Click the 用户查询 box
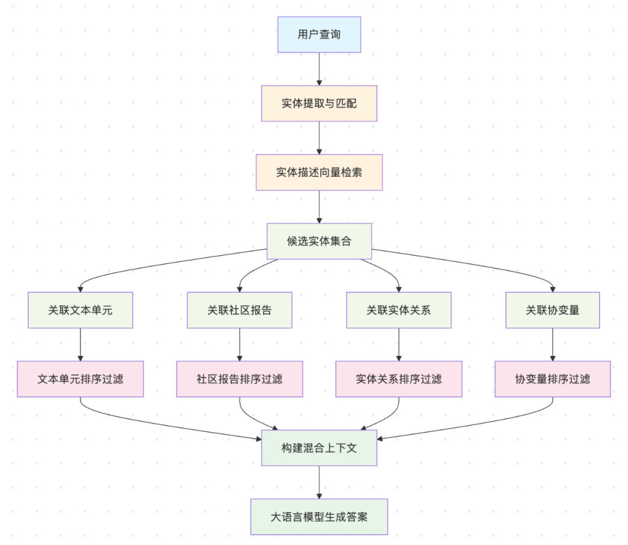(x=319, y=34)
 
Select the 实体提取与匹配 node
(x=319, y=104)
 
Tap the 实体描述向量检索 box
(x=319, y=172)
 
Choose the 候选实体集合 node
(x=319, y=241)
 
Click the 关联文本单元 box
(x=80, y=310)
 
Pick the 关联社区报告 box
(x=240, y=310)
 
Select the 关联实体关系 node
(x=398, y=310)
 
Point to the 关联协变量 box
(x=552, y=310)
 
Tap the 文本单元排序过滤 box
(x=80, y=379)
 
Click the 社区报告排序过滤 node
(x=240, y=379)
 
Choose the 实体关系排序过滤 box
(x=398, y=379)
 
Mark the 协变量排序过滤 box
(x=552, y=379)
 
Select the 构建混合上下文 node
(x=319, y=448)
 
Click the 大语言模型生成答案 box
(x=319, y=516)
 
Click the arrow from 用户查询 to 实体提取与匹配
(x=319, y=69)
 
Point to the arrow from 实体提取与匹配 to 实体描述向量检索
(x=319, y=138)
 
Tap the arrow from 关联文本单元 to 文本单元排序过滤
(x=80, y=344)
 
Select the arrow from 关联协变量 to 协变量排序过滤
(x=552, y=344)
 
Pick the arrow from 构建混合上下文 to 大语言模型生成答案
(x=319, y=482)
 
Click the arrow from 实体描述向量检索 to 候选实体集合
(x=319, y=206)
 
